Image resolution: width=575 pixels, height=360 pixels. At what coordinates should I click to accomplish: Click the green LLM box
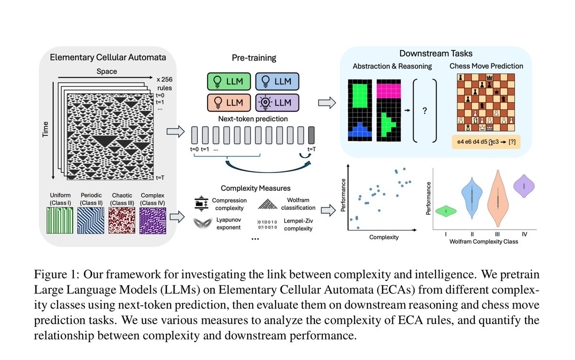click(229, 81)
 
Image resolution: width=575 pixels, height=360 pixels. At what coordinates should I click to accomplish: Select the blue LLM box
click(277, 81)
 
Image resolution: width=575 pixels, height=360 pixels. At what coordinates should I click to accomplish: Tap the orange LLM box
click(229, 103)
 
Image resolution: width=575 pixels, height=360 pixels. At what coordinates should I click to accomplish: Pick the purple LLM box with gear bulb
click(277, 103)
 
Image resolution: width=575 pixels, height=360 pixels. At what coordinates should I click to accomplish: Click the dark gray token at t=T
click(311, 135)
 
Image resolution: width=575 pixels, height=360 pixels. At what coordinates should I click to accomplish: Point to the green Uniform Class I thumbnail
click(60, 221)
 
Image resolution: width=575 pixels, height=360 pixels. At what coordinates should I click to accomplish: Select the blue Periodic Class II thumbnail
click(91, 221)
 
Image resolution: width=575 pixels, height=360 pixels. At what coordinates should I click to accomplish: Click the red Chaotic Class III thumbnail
click(122, 221)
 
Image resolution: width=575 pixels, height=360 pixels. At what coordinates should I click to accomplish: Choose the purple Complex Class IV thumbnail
click(153, 221)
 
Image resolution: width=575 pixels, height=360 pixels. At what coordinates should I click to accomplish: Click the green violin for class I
click(446, 211)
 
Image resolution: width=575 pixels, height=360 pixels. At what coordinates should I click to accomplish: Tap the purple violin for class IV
click(524, 186)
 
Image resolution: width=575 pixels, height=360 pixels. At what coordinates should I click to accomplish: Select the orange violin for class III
click(498, 199)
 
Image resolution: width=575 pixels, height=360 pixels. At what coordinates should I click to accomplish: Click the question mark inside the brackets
click(425, 111)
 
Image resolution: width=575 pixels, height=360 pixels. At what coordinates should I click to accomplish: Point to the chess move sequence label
click(486, 142)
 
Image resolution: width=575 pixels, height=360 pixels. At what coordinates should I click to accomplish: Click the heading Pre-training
click(254, 58)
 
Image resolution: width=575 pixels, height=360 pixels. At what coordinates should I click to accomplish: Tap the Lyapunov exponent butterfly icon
click(203, 223)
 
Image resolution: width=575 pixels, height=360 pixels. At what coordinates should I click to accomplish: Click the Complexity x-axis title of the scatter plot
click(384, 237)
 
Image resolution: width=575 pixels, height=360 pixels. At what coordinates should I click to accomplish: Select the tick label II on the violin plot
click(472, 234)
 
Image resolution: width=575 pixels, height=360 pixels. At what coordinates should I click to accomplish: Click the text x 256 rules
click(164, 83)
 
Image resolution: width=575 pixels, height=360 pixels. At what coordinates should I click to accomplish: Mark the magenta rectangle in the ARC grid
click(389, 91)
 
